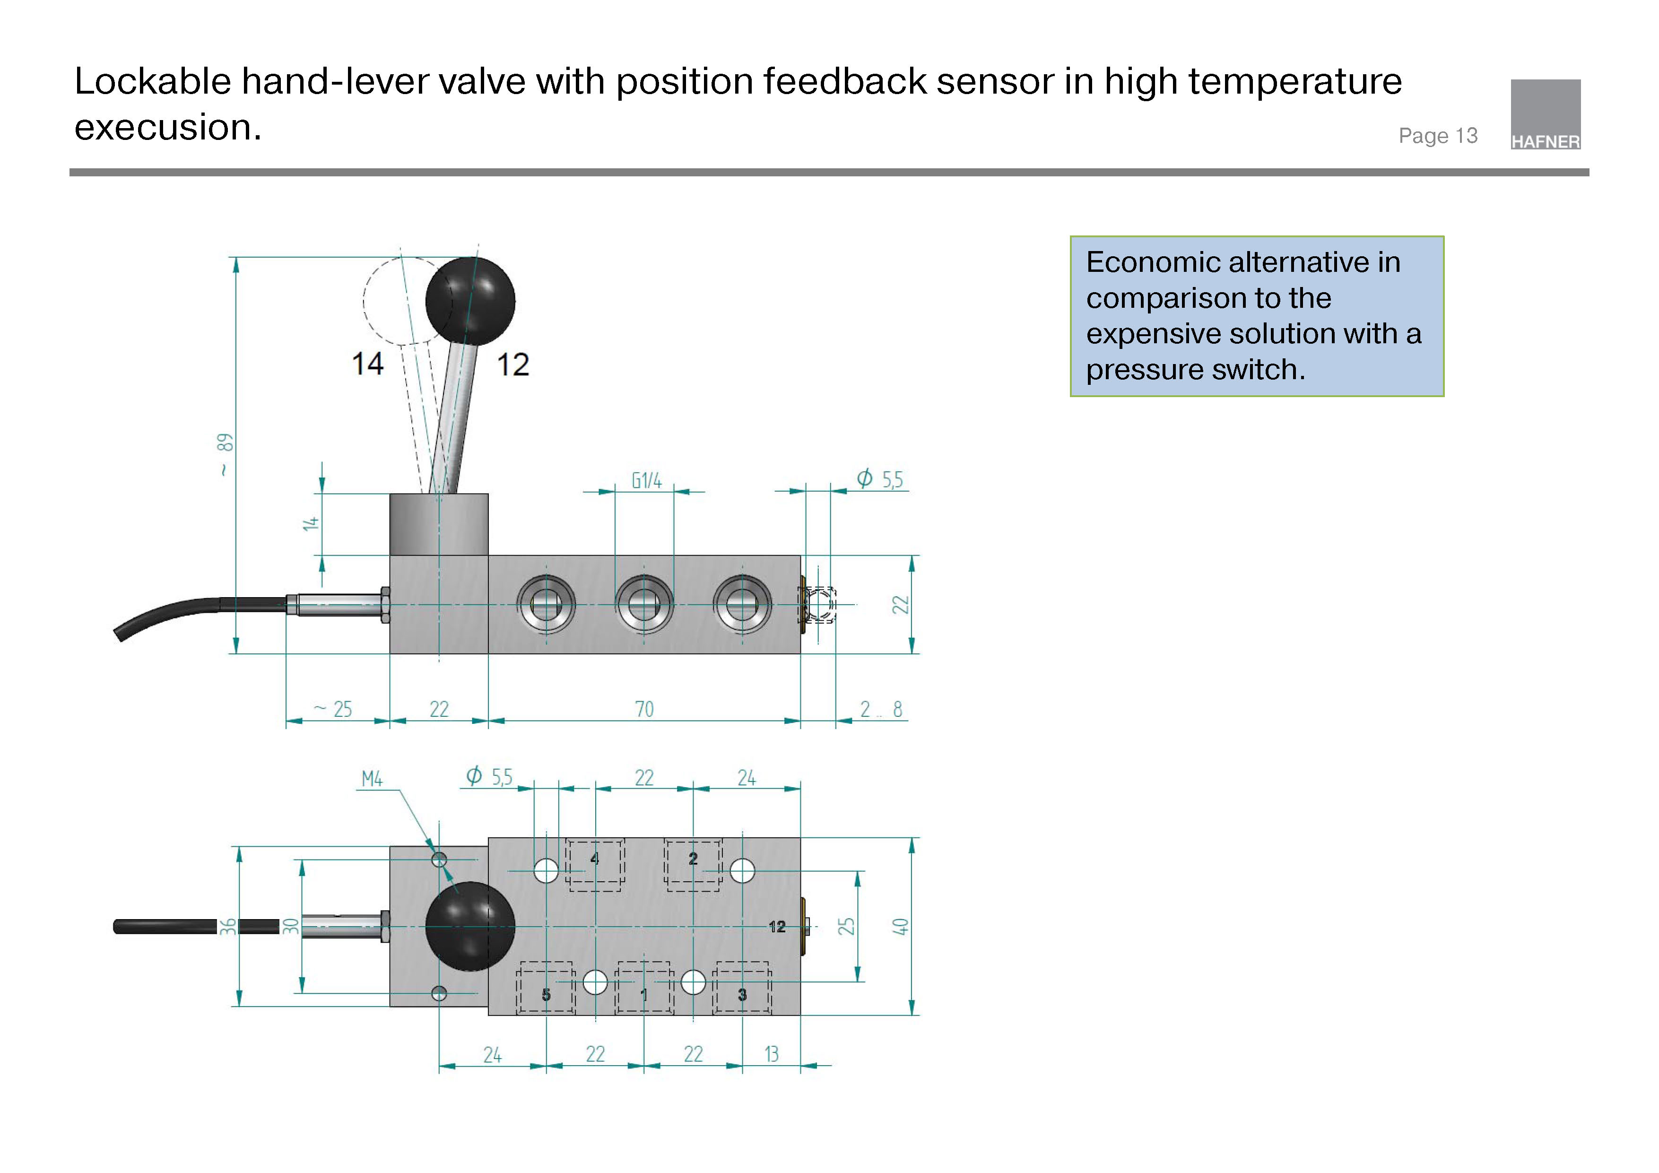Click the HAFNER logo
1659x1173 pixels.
tap(1545, 115)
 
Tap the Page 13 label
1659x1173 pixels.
tap(1437, 136)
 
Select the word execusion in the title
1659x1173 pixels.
tap(167, 128)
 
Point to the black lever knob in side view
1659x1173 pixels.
tap(470, 301)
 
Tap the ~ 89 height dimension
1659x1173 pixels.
tap(226, 454)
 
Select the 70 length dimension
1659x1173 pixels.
tap(644, 709)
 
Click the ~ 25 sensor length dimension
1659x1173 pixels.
tap(334, 709)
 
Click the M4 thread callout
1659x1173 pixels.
tap(372, 779)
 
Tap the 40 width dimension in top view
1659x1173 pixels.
tap(900, 927)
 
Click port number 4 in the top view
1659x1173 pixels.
tap(595, 859)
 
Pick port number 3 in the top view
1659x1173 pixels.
tap(742, 994)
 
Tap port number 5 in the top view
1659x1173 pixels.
tap(546, 994)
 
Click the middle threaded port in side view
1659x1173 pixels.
tap(644, 604)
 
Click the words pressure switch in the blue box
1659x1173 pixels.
tap(1195, 370)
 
